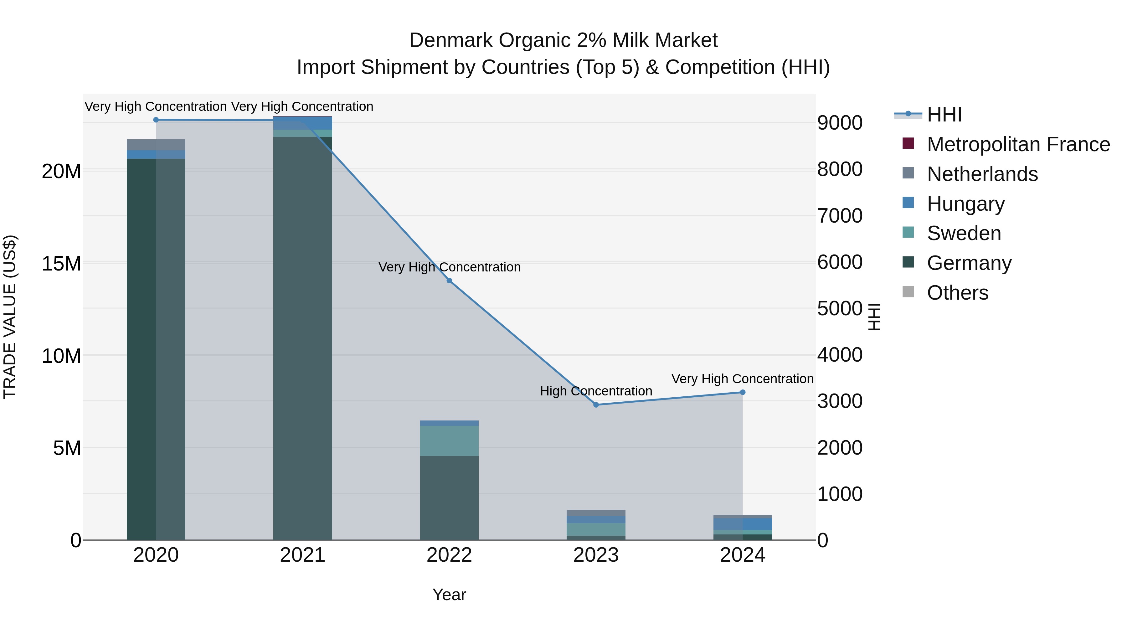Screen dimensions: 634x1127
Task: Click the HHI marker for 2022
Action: click(449, 281)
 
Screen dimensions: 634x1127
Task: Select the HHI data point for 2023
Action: click(596, 405)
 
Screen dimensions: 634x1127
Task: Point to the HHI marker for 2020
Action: click(156, 120)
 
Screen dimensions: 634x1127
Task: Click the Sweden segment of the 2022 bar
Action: click(449, 441)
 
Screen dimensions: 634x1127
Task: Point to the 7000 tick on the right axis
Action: click(840, 216)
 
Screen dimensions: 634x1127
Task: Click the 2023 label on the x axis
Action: click(596, 555)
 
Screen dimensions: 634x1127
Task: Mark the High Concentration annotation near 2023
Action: click(596, 391)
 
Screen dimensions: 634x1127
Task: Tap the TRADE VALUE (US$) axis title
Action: click(10, 317)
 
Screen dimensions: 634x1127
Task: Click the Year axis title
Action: click(449, 595)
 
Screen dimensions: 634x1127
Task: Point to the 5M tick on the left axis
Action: click(67, 448)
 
